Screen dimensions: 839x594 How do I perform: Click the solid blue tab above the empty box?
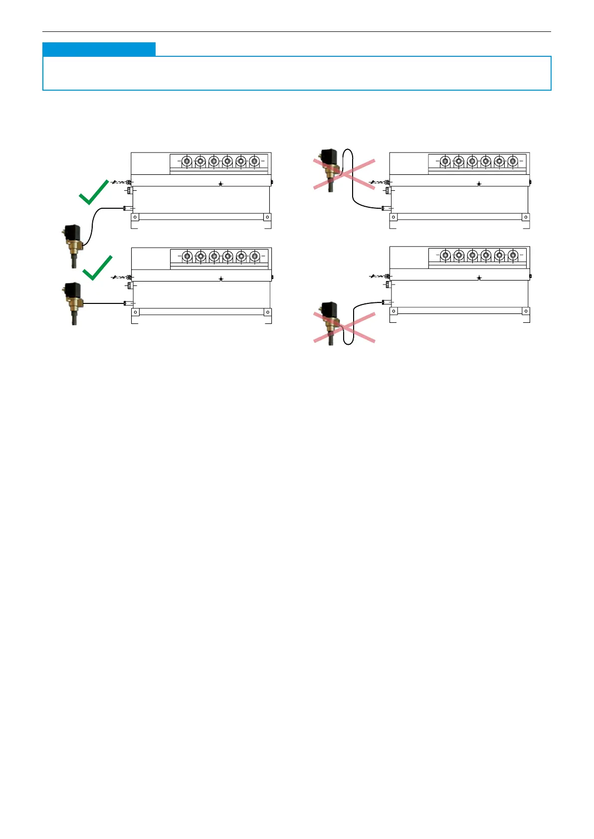click(x=99, y=49)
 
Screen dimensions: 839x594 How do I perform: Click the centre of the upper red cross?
click(x=344, y=174)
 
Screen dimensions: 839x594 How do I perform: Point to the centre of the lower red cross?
click(x=344, y=327)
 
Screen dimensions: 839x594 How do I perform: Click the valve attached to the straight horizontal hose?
click(x=73, y=302)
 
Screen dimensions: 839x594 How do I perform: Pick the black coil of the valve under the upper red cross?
click(x=330, y=157)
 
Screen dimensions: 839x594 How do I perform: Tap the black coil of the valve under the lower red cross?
click(x=330, y=310)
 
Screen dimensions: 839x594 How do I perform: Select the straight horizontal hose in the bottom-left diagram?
click(x=103, y=303)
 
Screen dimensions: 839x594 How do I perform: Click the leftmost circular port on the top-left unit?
click(x=187, y=161)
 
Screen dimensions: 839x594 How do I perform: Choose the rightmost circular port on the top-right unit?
click(x=513, y=161)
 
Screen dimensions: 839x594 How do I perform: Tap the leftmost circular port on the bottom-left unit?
click(x=187, y=256)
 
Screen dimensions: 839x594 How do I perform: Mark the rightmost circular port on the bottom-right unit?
click(x=513, y=255)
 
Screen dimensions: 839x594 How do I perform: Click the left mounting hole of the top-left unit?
click(x=135, y=217)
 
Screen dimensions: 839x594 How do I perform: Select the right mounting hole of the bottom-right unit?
click(x=525, y=311)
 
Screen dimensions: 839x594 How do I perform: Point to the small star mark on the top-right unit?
click(x=479, y=184)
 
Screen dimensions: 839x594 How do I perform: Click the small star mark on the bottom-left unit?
click(x=221, y=279)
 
